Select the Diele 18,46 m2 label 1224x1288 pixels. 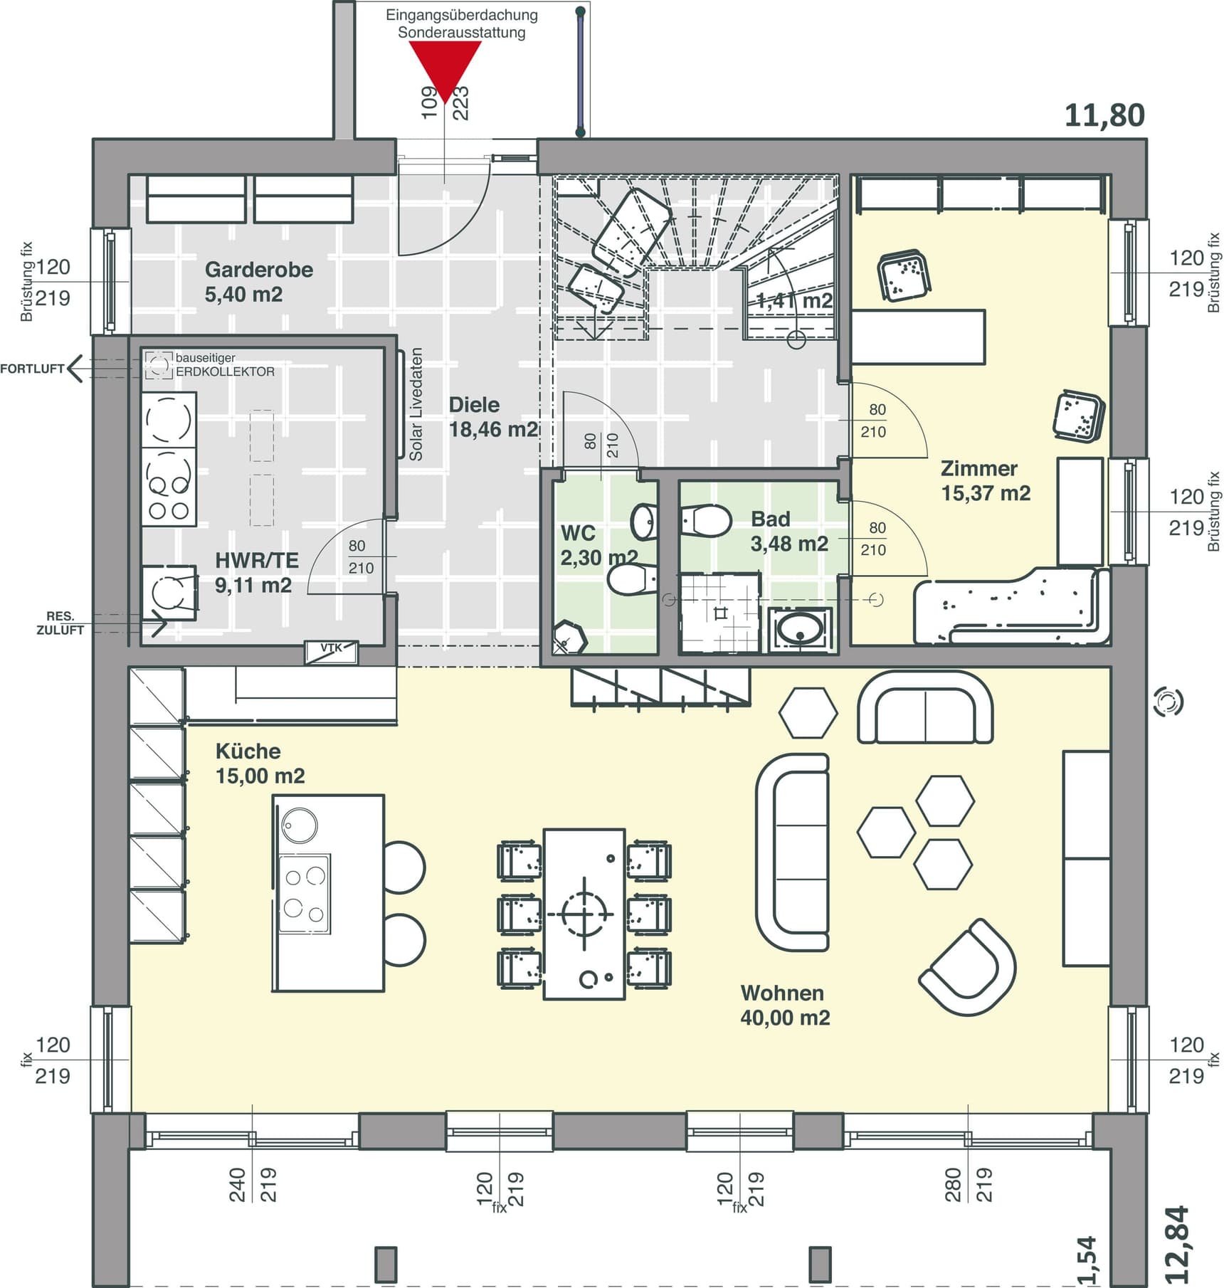[x=493, y=417]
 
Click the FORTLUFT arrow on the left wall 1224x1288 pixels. [x=75, y=369]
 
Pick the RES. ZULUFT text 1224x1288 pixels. [x=60, y=623]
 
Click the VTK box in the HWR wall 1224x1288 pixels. [x=332, y=651]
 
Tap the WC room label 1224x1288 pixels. [x=578, y=533]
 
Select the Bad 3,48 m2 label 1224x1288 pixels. [x=789, y=532]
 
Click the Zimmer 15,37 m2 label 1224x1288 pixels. [x=986, y=481]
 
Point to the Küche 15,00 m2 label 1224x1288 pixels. [x=260, y=764]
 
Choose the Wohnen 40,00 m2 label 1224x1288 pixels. [x=785, y=1005]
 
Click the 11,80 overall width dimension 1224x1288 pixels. [x=1104, y=115]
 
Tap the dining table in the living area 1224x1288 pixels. [x=585, y=914]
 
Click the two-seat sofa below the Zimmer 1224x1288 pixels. [x=925, y=707]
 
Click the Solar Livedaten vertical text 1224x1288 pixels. [x=416, y=404]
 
